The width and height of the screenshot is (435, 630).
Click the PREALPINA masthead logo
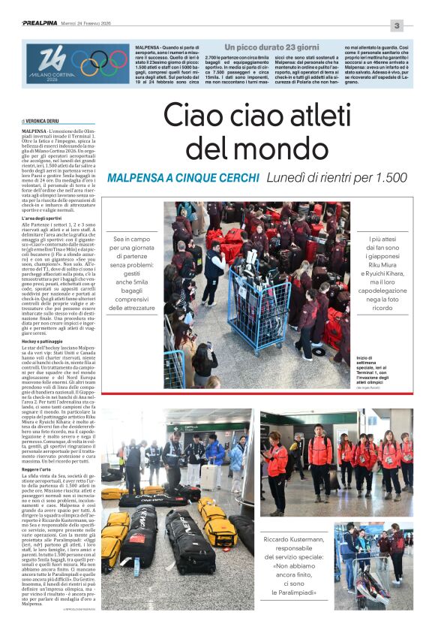[40, 23]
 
